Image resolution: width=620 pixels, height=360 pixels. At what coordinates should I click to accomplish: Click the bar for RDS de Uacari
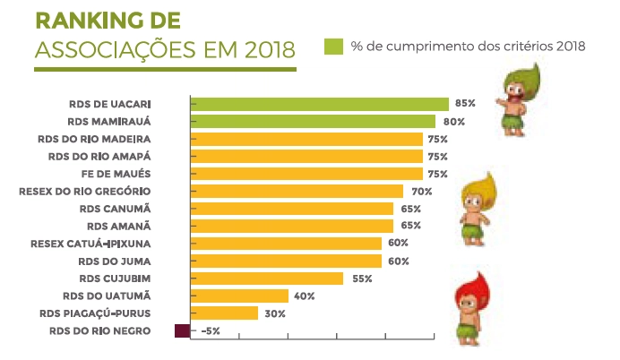(319, 104)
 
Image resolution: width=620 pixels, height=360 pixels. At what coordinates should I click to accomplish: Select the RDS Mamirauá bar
(313, 122)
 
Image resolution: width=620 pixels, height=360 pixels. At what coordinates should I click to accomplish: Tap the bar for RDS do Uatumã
(239, 296)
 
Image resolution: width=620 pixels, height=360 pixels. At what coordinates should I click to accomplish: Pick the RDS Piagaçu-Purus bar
(224, 313)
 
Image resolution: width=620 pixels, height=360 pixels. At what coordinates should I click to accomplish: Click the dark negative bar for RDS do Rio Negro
(182, 331)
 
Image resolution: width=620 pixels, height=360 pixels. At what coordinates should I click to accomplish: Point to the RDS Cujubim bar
(267, 279)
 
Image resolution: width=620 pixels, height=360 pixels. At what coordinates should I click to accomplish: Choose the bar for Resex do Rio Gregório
(297, 191)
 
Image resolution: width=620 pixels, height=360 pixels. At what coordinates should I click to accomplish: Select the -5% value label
(211, 331)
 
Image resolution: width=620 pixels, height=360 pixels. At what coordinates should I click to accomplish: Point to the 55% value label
(362, 279)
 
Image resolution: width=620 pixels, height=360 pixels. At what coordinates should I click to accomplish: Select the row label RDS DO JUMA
(114, 261)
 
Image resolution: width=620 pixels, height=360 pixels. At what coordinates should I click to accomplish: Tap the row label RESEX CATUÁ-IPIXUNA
(90, 244)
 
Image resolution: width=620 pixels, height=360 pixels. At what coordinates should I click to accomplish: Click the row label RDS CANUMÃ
(115, 209)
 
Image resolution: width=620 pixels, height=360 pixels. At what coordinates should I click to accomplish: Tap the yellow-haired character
(476, 207)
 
